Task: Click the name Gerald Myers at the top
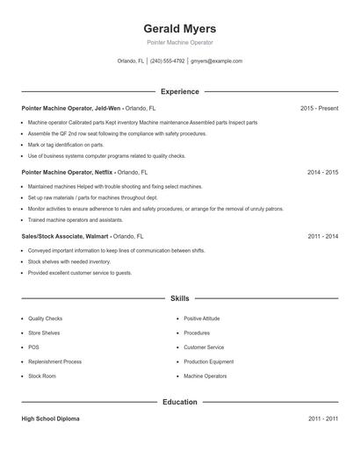point(179,29)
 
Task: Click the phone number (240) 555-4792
point(167,61)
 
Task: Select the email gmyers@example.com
point(216,61)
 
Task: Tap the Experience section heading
point(179,91)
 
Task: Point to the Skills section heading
point(179,298)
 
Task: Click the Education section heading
point(179,402)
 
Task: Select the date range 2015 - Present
point(319,109)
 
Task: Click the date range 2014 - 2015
point(322,173)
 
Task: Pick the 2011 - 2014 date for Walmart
point(322,237)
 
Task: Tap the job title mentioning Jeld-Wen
point(88,109)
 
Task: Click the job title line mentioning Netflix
point(83,173)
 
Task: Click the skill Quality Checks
point(45,318)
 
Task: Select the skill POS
point(33,347)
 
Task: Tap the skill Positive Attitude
point(201,318)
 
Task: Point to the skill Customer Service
point(204,347)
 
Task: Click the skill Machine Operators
point(205,376)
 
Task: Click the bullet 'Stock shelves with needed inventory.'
point(69,261)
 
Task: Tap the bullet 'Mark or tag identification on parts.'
point(66,145)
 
